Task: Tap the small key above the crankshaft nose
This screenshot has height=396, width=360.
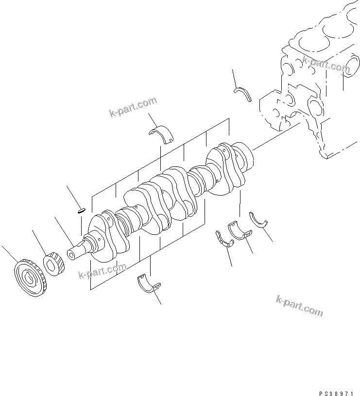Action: click(81, 210)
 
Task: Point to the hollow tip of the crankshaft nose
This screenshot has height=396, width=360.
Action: click(71, 254)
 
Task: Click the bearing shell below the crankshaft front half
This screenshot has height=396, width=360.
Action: click(149, 285)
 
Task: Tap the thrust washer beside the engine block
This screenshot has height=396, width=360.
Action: click(242, 93)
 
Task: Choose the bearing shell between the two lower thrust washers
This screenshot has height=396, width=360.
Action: click(240, 231)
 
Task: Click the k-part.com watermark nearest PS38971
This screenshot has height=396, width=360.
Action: click(299, 305)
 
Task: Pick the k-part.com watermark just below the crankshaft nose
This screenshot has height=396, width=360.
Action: click(102, 272)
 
